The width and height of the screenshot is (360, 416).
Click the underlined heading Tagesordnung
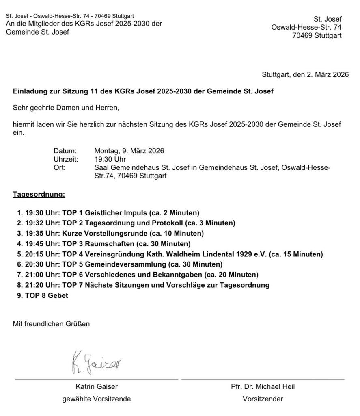(39, 195)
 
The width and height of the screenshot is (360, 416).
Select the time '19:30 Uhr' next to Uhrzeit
(110, 159)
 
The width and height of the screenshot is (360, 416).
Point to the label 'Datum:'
(65, 151)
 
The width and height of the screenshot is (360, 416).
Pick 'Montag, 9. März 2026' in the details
(129, 151)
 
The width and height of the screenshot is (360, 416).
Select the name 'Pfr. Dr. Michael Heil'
(263, 387)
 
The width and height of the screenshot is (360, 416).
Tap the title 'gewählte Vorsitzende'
(97, 399)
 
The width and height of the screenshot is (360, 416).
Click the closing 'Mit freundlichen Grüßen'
(51, 324)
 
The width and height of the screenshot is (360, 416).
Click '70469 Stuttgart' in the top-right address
(317, 35)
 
